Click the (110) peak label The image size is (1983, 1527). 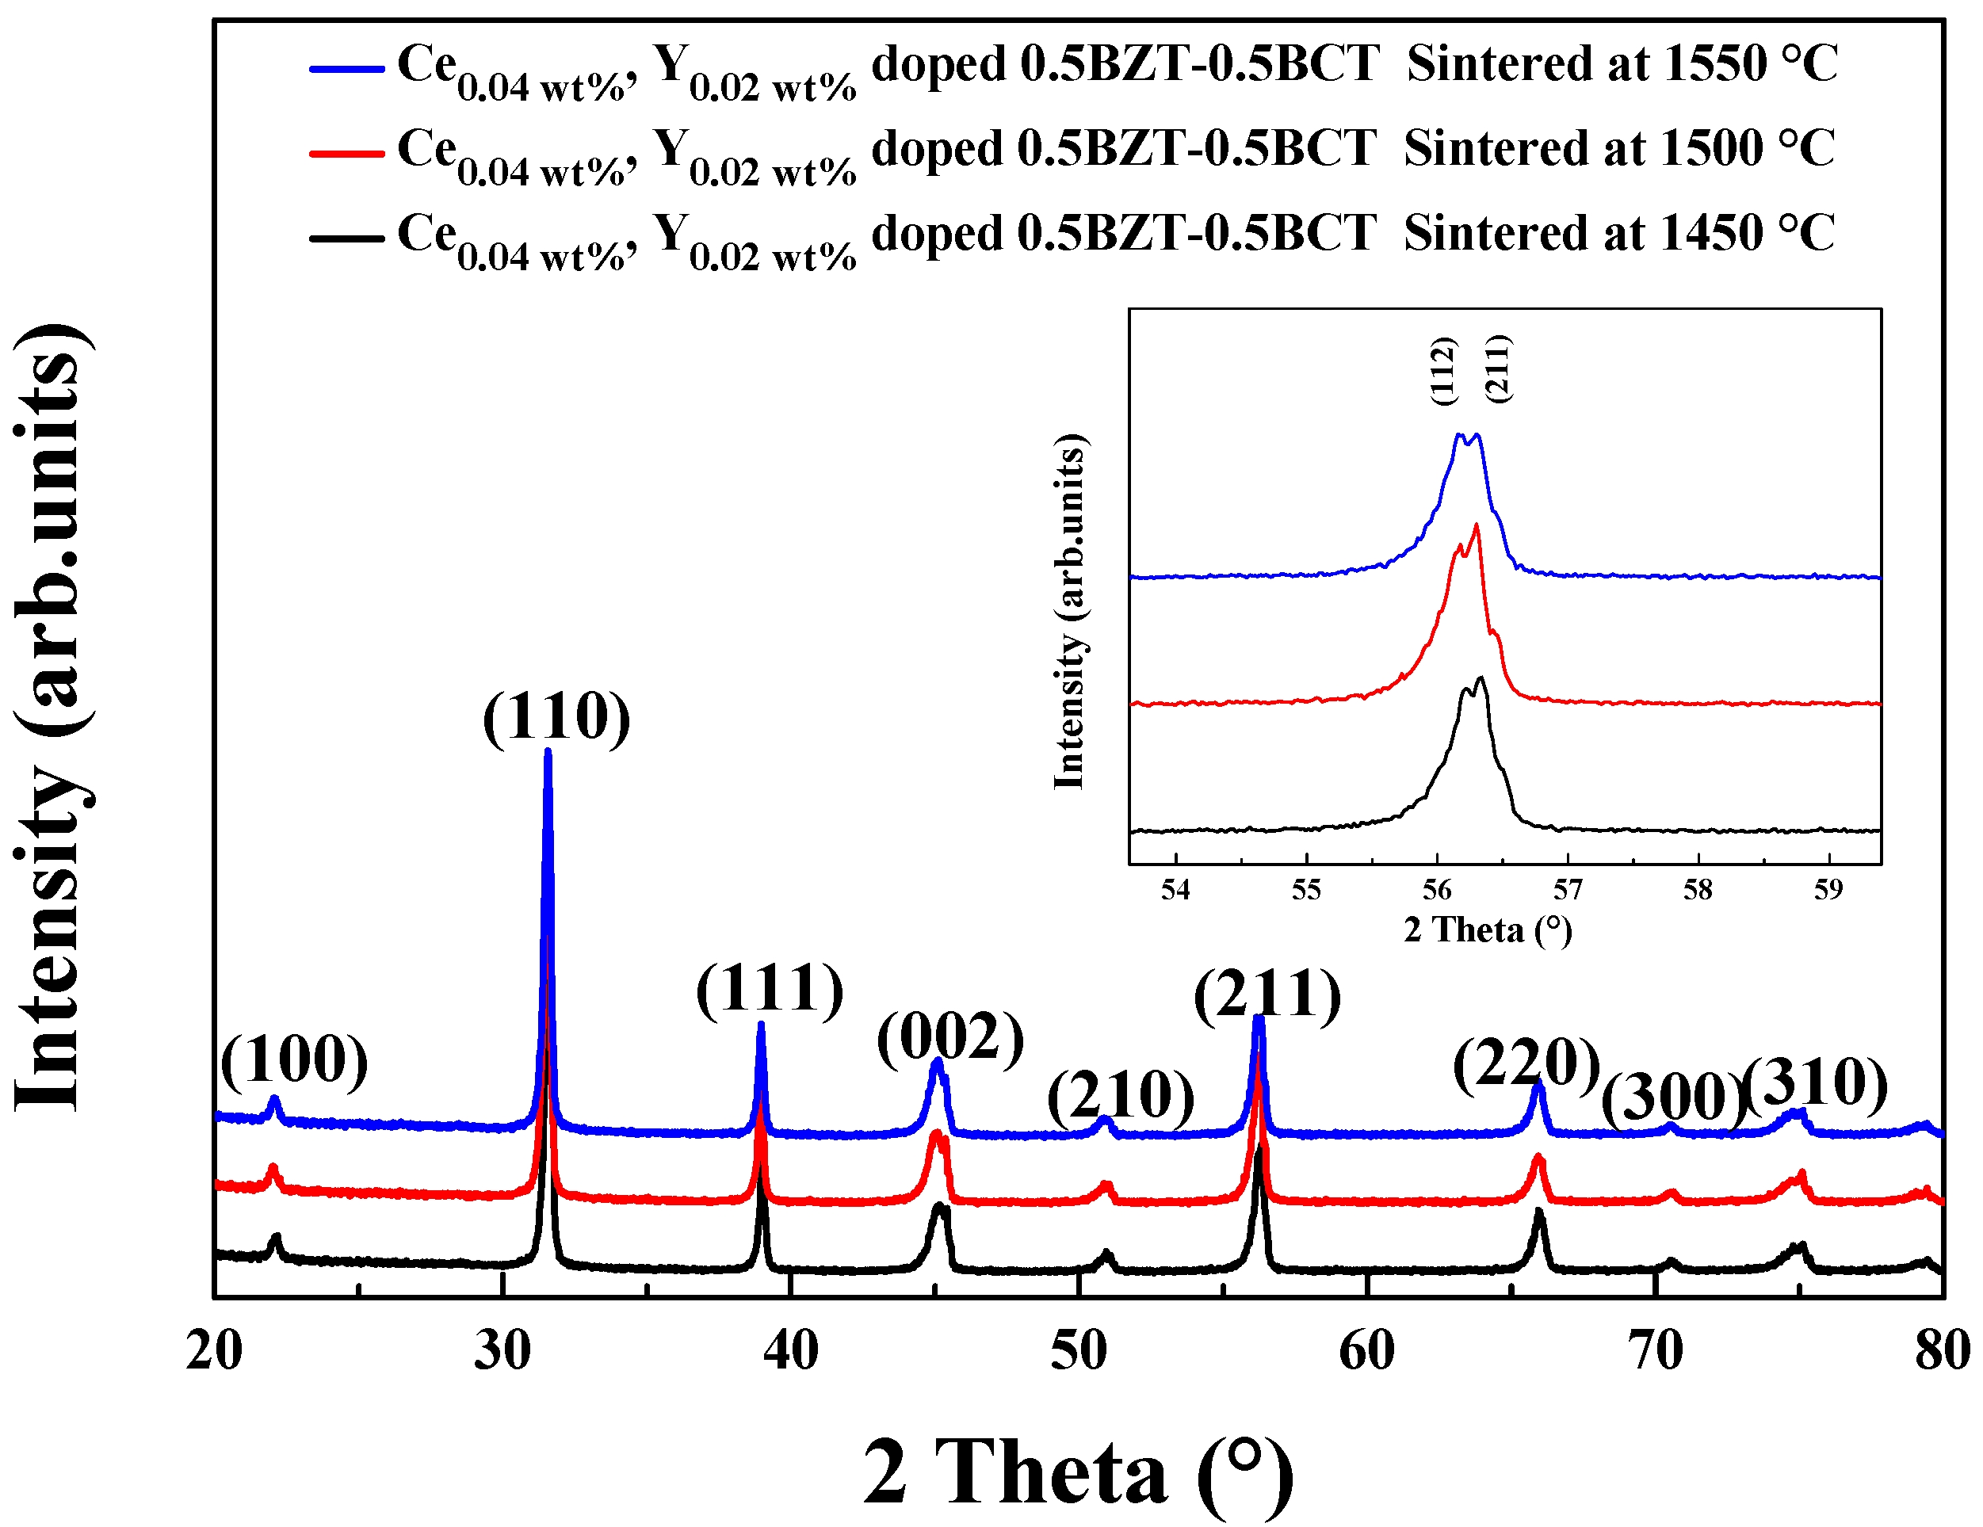[x=556, y=717]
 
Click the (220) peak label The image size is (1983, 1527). [x=1526, y=1063]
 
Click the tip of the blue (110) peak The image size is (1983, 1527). [x=548, y=752]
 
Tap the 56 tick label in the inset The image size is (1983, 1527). [x=1436, y=890]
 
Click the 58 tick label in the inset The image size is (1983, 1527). [x=1697, y=890]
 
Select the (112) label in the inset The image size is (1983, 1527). [x=1444, y=370]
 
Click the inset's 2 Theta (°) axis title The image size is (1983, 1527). [x=1487, y=930]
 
